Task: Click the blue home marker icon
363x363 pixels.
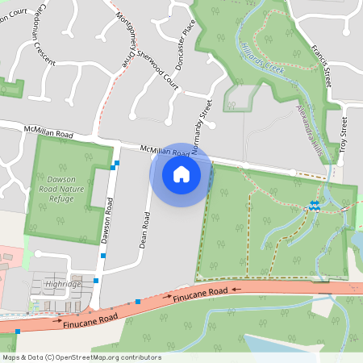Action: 181,174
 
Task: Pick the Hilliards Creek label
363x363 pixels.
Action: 263,60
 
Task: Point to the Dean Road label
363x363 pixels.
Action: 145,230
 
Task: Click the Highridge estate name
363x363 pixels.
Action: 64,284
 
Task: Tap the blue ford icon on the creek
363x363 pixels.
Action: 315,206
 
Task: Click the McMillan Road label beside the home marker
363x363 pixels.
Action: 165,151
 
